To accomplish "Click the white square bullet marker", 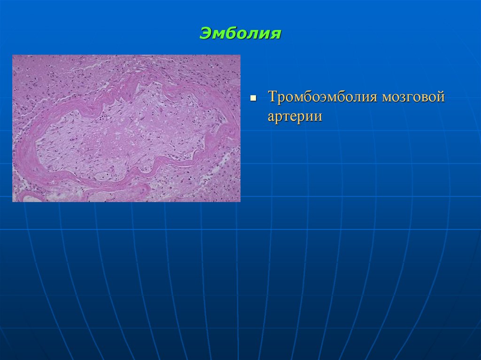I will pos(253,100).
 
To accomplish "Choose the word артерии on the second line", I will pos(295,116).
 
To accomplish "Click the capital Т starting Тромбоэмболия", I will pos(272,98).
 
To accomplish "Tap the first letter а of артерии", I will pos(272,117).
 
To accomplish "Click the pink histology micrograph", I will pos(126,128).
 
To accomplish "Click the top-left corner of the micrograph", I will pos(13,55).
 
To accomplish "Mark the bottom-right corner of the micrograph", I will pos(240,201).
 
